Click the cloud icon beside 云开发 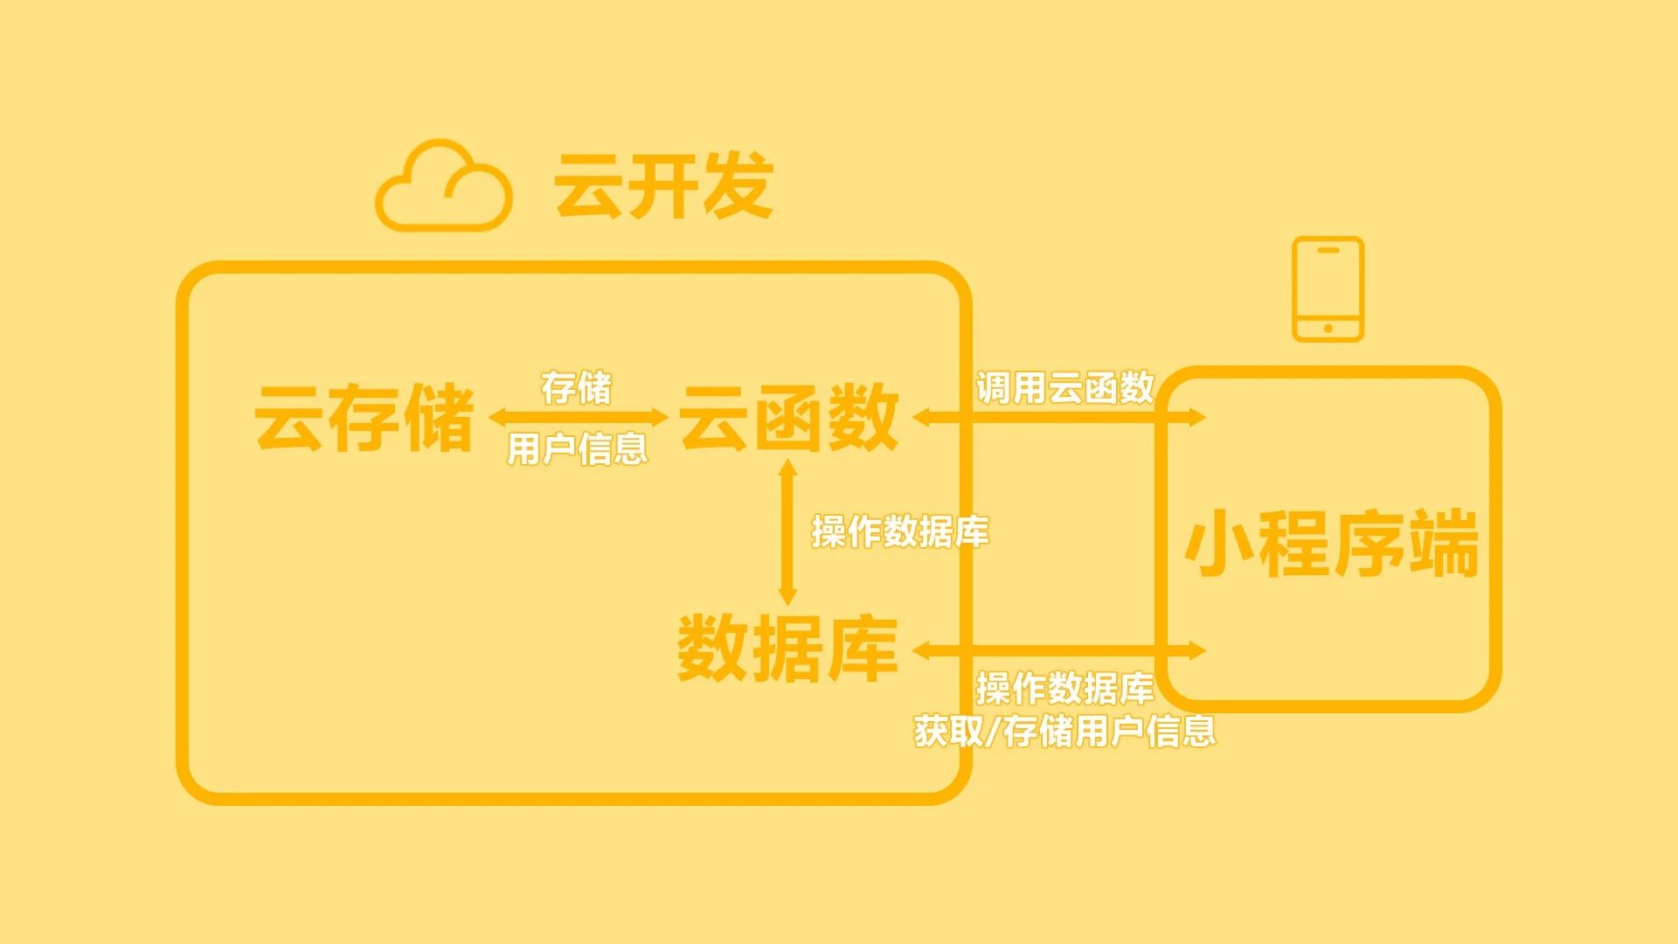pyautogui.click(x=443, y=186)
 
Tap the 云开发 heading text pyautogui.click(x=663, y=185)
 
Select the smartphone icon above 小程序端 pyautogui.click(x=1328, y=288)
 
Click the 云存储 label pyautogui.click(x=364, y=418)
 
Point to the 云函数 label pyautogui.click(x=788, y=418)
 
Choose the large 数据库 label pyautogui.click(x=787, y=649)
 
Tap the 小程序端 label pyautogui.click(x=1331, y=544)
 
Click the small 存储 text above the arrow pyautogui.click(x=576, y=387)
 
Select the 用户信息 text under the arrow pyautogui.click(x=577, y=448)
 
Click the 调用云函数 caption pyautogui.click(x=1064, y=387)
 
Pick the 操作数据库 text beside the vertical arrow pyautogui.click(x=900, y=531)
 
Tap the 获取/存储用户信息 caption pyautogui.click(x=1064, y=731)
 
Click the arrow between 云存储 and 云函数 pyautogui.click(x=578, y=418)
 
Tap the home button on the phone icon pyautogui.click(x=1328, y=329)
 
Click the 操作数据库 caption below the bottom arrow pyautogui.click(x=1064, y=689)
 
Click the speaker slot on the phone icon pyautogui.click(x=1328, y=250)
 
